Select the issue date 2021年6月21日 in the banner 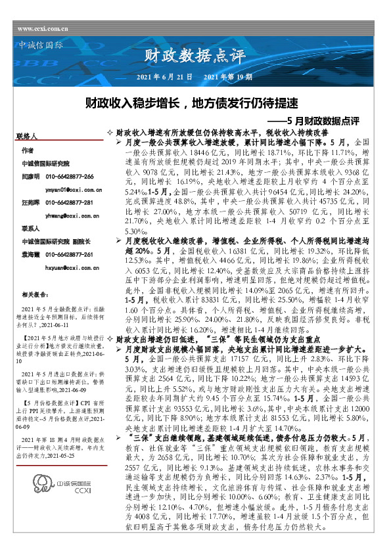coord(164,77)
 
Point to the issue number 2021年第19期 coord(228,77)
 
